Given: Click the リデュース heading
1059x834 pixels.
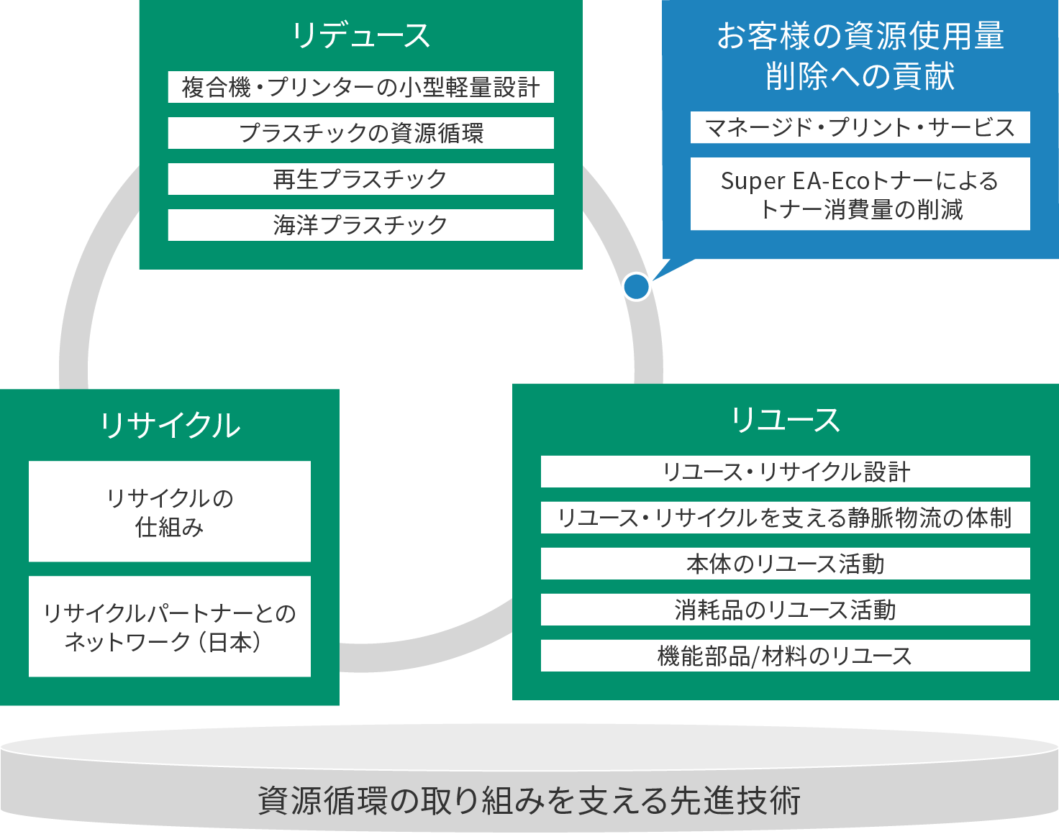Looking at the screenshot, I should click(x=360, y=35).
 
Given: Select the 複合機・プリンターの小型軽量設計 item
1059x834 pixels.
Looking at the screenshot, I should click(x=360, y=87).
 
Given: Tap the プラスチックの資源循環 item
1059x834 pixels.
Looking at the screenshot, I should click(x=360, y=133).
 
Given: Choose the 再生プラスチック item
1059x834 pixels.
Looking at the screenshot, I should click(x=360, y=179).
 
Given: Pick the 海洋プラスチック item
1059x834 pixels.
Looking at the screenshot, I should click(x=360, y=225).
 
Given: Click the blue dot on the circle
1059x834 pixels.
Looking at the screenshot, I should click(x=636, y=286).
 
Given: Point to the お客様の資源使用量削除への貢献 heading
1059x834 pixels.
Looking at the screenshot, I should click(x=860, y=56).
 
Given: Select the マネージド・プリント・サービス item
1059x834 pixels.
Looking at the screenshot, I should click(x=860, y=127).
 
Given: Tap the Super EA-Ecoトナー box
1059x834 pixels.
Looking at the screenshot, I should click(x=860, y=194).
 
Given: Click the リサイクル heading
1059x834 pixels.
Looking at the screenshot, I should click(x=170, y=425).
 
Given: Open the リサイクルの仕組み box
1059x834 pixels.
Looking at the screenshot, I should click(x=170, y=511).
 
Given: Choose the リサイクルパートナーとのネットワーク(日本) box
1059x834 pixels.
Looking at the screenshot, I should click(x=170, y=626).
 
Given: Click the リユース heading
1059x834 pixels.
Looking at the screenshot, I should click(x=785, y=420).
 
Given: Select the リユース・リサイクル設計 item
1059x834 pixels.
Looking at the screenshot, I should click(x=785, y=472).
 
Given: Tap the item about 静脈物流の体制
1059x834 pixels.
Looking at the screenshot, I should click(x=785, y=518).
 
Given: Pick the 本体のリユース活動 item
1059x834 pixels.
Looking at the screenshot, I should click(x=785, y=564).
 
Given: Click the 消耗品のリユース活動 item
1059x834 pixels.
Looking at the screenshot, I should click(x=785, y=610).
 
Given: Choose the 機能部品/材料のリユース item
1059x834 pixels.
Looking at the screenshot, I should click(x=785, y=656).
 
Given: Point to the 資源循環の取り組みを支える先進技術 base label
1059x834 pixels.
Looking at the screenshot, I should click(x=529, y=799).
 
